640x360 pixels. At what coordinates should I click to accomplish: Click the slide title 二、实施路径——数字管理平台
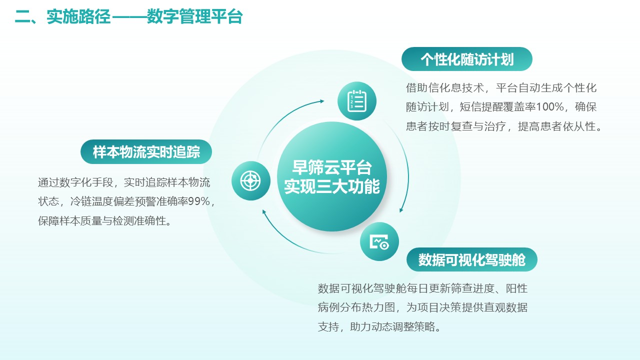pyautogui.click(x=129, y=16)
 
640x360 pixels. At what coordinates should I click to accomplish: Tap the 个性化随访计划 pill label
pyautogui.click(x=467, y=59)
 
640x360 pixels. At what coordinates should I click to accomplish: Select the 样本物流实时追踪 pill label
pyautogui.click(x=146, y=151)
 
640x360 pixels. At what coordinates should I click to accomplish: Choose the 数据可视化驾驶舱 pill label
pyautogui.click(x=472, y=259)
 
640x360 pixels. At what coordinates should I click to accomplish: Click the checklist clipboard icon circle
pyautogui.click(x=357, y=101)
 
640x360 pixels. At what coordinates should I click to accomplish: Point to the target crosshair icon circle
pyautogui.click(x=251, y=180)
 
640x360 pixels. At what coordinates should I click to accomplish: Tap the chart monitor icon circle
pyautogui.click(x=379, y=241)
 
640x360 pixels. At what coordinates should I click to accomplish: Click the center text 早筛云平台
pyautogui.click(x=332, y=167)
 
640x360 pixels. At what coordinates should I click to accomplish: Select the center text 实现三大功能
pyautogui.click(x=332, y=186)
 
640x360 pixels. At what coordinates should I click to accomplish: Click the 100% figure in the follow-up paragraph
pyautogui.click(x=549, y=107)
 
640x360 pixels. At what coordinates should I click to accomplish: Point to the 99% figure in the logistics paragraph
pyautogui.click(x=199, y=201)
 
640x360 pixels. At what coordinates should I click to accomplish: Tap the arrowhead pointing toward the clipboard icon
pyautogui.click(x=321, y=101)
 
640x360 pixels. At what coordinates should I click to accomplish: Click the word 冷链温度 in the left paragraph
pyautogui.click(x=91, y=201)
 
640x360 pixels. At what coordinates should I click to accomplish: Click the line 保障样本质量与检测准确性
pyautogui.click(x=104, y=221)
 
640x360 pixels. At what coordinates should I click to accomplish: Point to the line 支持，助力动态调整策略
pyautogui.click(x=379, y=326)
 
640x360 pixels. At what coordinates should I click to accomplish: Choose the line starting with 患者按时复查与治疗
pyautogui.click(x=504, y=126)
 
